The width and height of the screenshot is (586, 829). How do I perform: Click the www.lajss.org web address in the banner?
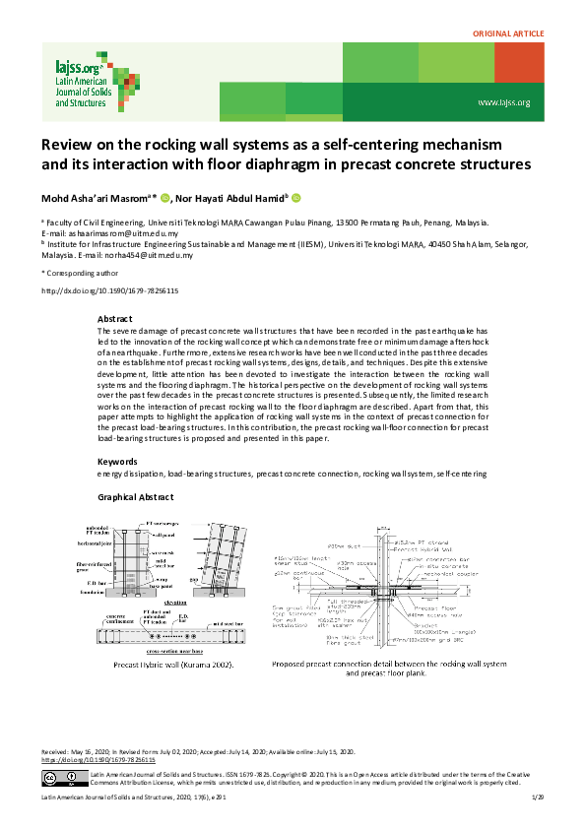pyautogui.click(x=503, y=102)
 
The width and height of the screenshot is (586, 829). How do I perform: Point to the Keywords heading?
pyautogui.click(x=118, y=462)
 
